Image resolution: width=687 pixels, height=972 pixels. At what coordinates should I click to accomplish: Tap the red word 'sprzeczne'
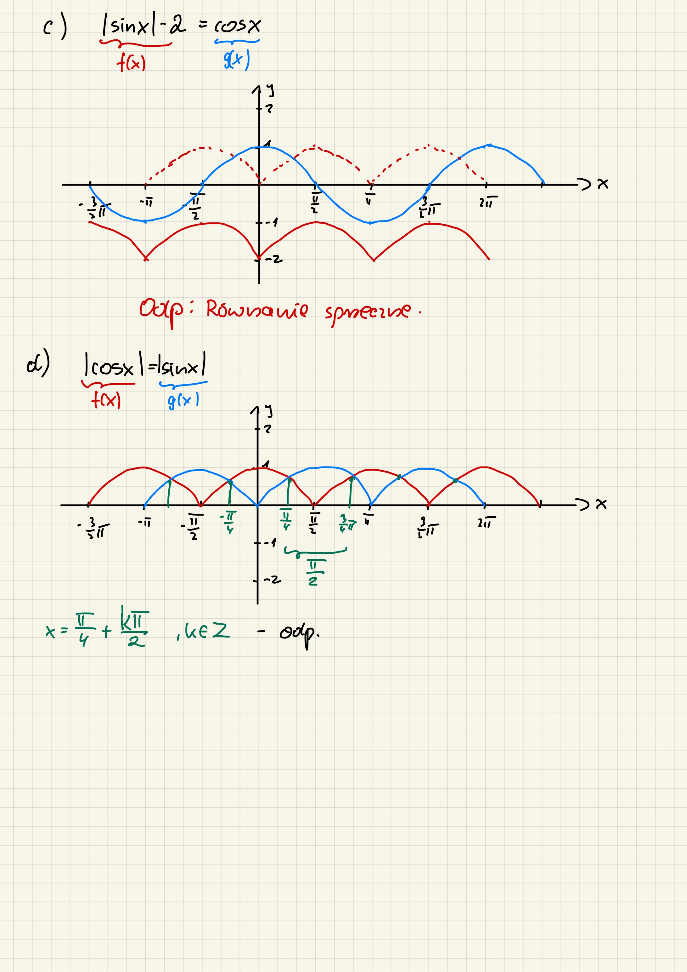coord(367,312)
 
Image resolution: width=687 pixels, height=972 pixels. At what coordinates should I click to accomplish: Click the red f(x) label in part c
coord(131,64)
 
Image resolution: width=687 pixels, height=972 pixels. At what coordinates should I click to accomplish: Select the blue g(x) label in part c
coord(236,59)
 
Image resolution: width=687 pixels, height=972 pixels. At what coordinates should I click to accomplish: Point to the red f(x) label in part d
coord(106,399)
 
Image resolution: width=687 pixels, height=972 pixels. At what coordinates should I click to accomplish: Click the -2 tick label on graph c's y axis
coord(274,259)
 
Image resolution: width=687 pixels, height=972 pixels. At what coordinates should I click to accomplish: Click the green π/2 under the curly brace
coord(314,572)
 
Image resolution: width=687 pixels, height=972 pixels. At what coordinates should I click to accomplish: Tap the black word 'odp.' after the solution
coord(299,634)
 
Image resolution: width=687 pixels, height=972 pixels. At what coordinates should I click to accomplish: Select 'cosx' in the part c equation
coord(238,26)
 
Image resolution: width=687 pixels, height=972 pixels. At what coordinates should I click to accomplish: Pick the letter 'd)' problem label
coord(38,363)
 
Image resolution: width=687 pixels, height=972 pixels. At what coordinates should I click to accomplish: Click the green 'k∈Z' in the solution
coord(207,631)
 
